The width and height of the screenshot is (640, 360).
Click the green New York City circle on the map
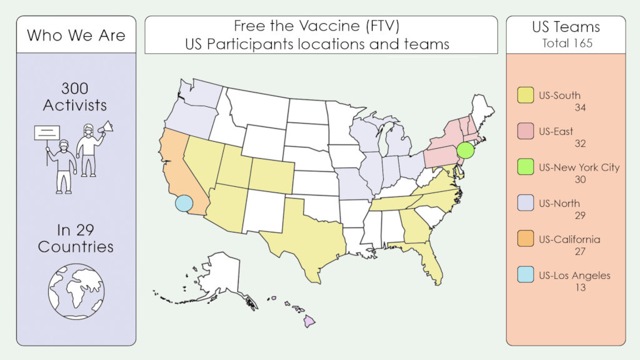point(466,151)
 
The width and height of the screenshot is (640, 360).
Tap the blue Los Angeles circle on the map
point(183,203)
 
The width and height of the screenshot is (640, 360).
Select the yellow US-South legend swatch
point(525,96)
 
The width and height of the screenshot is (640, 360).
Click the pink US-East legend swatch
point(525,131)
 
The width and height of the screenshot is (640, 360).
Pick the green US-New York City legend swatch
point(525,167)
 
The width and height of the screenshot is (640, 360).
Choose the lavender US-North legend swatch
point(525,203)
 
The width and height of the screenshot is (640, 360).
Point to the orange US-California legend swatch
point(525,239)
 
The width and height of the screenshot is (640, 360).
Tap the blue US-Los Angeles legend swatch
point(525,275)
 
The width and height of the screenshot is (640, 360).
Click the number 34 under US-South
point(579,108)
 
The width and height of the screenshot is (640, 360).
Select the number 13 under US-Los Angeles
point(579,287)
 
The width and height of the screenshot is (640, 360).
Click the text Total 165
point(566,43)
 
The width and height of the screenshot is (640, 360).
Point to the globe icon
point(76,291)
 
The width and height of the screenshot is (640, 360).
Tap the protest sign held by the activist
point(47,132)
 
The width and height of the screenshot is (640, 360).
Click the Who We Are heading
point(76,35)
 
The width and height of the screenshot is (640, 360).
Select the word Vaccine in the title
point(332,26)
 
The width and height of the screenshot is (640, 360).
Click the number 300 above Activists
point(76,88)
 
